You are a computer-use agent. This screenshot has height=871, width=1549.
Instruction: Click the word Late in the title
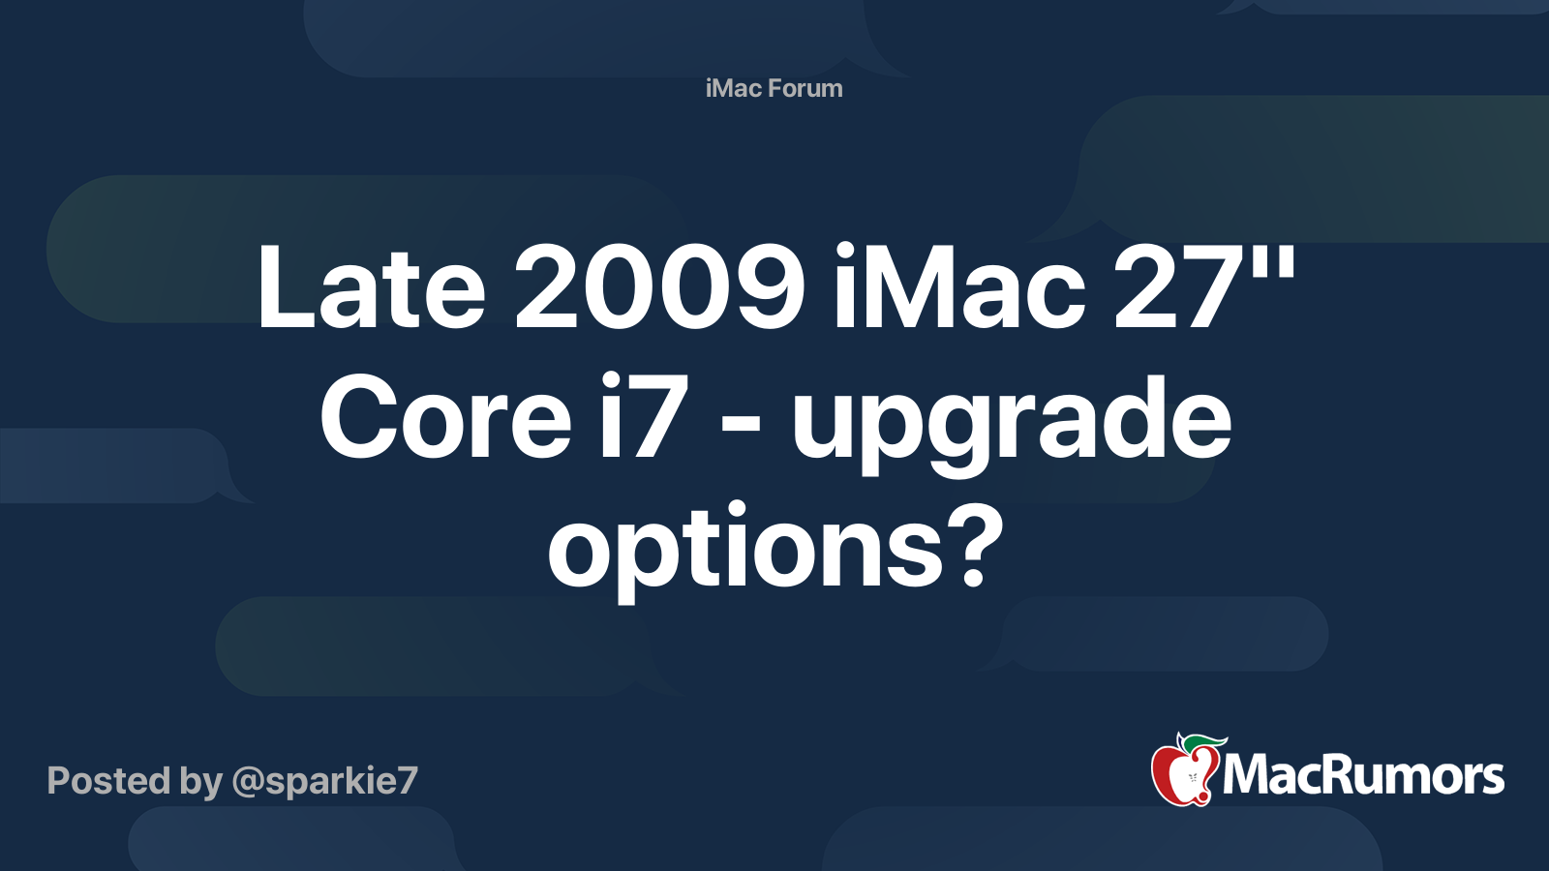pos(371,287)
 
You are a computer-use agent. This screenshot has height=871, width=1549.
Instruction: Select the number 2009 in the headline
pos(659,287)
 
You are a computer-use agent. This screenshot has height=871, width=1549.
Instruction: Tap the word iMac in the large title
pos(958,287)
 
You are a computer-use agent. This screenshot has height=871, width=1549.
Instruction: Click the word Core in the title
pos(446,419)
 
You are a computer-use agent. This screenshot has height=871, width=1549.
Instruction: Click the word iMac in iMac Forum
pos(734,88)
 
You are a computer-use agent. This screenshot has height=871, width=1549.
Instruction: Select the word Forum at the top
pos(805,88)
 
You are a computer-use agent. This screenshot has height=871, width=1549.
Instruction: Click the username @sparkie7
pos(324,781)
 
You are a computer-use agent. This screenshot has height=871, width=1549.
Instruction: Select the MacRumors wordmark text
pos(1363,776)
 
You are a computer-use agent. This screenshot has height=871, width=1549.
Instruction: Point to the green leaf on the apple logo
pos(1203,743)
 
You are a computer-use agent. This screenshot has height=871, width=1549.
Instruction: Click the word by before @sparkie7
pos(200,782)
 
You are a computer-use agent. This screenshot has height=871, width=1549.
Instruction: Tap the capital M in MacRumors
pos(1246,776)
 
